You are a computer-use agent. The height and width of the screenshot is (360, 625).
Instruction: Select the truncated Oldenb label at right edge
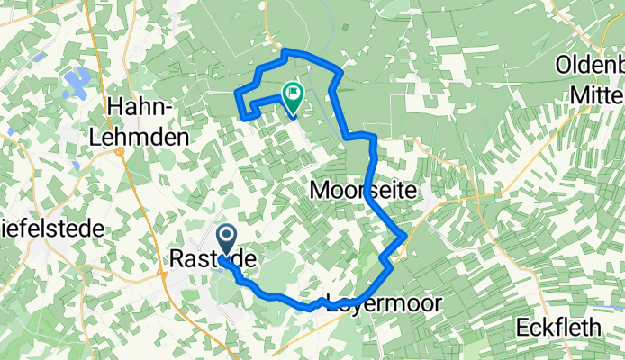coord(590,65)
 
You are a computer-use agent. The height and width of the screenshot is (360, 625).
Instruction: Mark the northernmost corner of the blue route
coord(286,51)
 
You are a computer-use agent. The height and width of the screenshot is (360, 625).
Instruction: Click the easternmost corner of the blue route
coord(406,236)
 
